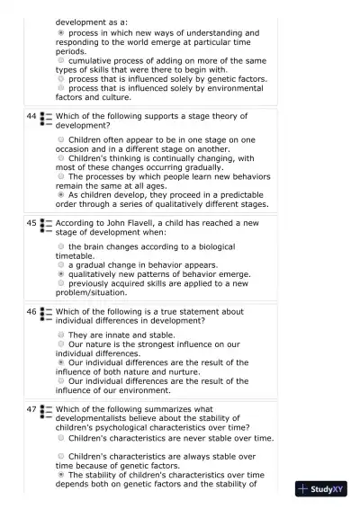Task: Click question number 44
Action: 31,117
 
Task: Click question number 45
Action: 31,222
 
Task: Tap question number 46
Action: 31,312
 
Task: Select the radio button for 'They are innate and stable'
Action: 61,335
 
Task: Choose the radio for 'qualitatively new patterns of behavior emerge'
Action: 61,274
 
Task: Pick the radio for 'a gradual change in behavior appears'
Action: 61,265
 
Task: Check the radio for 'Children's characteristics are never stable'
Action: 61,439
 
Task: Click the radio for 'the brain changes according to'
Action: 61,246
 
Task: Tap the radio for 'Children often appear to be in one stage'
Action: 61,140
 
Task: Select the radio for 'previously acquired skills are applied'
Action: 61,283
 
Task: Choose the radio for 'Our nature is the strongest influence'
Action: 61,344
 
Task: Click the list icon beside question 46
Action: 46,316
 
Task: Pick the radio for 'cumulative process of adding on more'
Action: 61,60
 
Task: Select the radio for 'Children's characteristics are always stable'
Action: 61,457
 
